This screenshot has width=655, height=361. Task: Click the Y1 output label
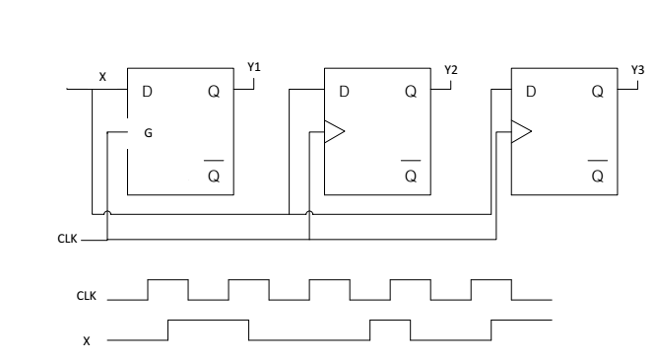(253, 68)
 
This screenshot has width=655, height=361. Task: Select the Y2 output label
(450, 70)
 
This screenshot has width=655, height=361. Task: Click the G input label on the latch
(148, 131)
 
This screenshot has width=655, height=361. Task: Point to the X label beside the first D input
(103, 75)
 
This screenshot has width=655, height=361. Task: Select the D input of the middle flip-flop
(345, 92)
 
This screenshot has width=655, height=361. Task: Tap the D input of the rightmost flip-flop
(532, 92)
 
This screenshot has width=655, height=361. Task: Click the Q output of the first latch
(214, 92)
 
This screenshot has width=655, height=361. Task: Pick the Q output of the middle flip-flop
(411, 92)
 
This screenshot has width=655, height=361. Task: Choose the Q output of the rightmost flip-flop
(598, 92)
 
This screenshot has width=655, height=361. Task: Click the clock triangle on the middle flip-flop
(335, 132)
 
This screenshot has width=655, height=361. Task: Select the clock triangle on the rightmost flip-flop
(522, 131)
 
